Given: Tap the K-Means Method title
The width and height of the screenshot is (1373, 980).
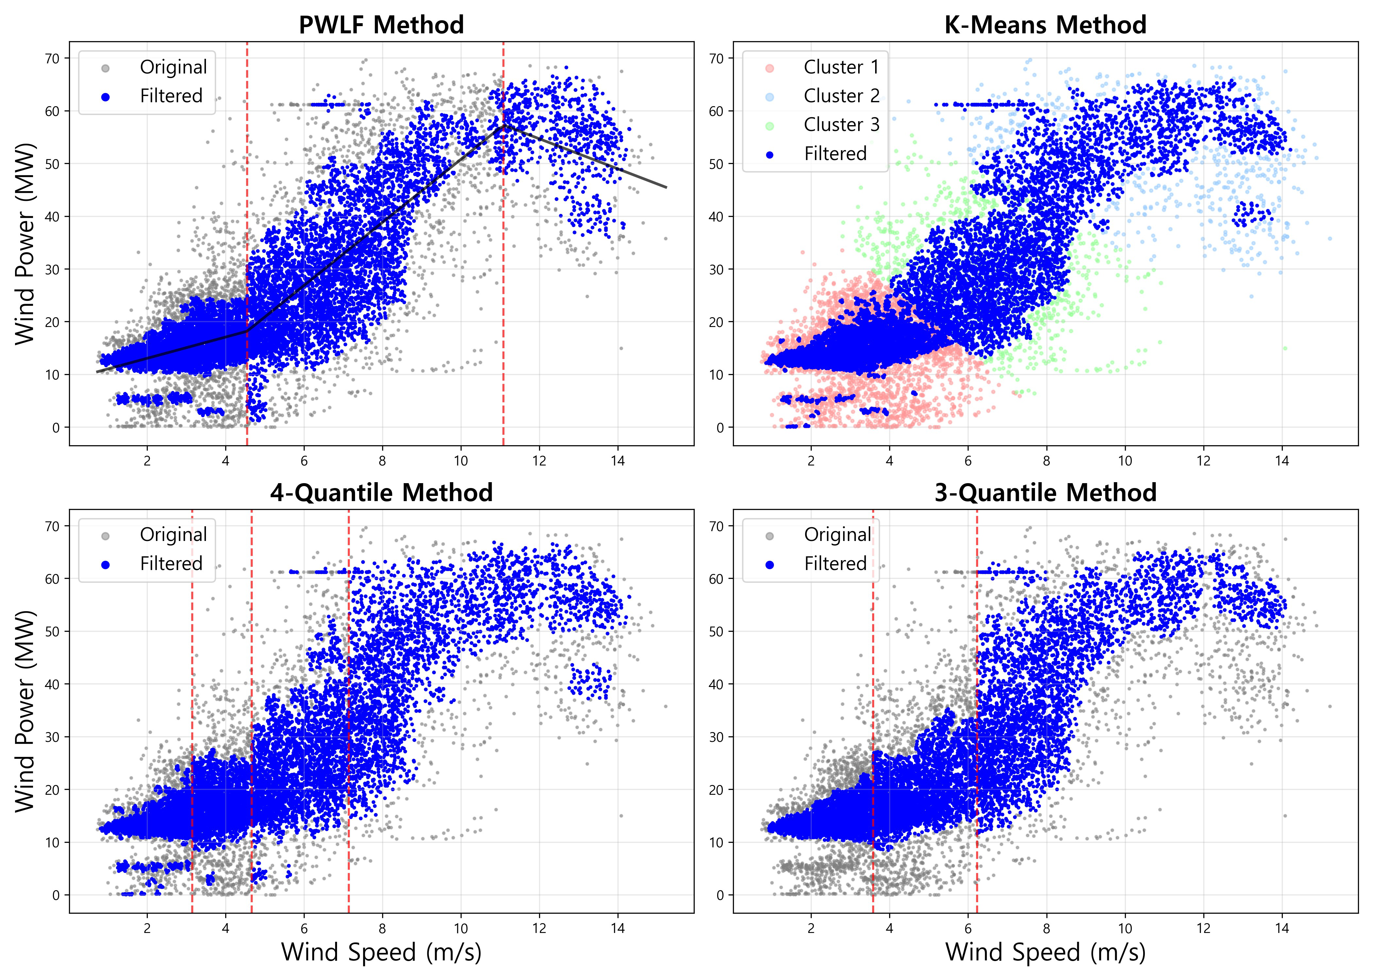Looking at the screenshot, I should (x=1045, y=25).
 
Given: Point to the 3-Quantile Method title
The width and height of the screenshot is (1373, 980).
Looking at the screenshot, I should (x=1045, y=493).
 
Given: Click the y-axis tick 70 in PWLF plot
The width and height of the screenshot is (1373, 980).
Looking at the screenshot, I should (x=53, y=58).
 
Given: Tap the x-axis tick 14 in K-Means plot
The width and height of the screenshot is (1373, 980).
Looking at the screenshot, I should (x=1282, y=461).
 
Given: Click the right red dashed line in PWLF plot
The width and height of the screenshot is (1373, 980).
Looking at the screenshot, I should (x=503, y=241).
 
